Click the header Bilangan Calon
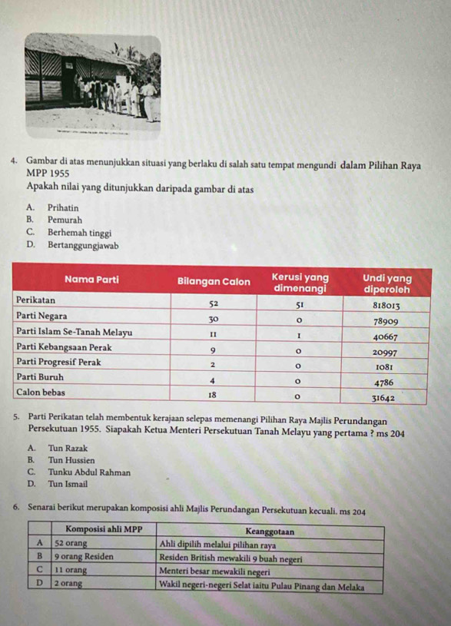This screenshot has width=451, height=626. [x=214, y=281]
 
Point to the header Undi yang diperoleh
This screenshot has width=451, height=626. [x=386, y=281]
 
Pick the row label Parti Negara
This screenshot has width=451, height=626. [x=41, y=316]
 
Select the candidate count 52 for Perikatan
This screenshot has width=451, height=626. [x=214, y=304]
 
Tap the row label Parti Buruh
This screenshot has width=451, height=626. [x=40, y=377]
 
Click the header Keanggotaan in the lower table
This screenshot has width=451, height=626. [x=269, y=530]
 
